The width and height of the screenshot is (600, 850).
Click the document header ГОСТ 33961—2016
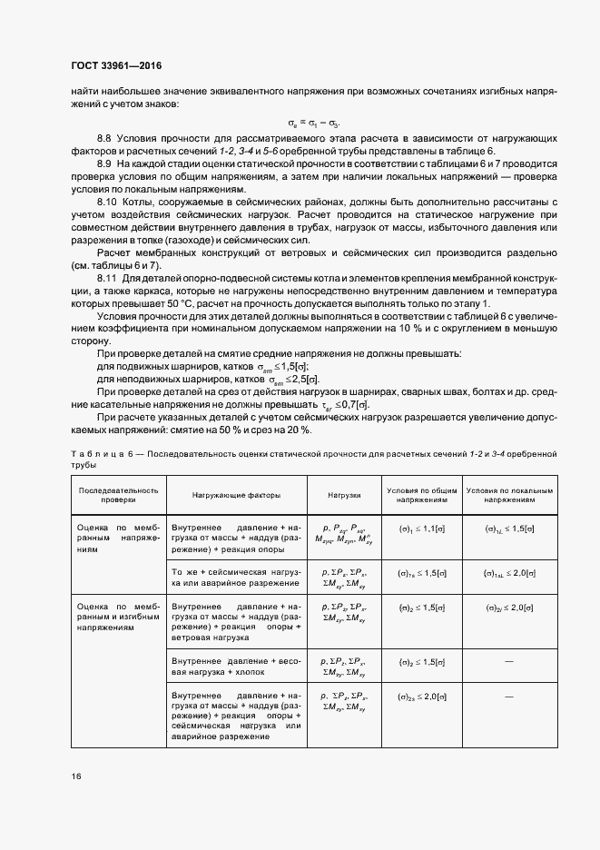coord(116,65)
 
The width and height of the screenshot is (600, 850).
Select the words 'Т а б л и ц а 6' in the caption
coord(99,452)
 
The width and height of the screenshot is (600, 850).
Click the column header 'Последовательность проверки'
coord(118,494)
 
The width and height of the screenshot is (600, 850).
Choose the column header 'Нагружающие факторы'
coord(236,495)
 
